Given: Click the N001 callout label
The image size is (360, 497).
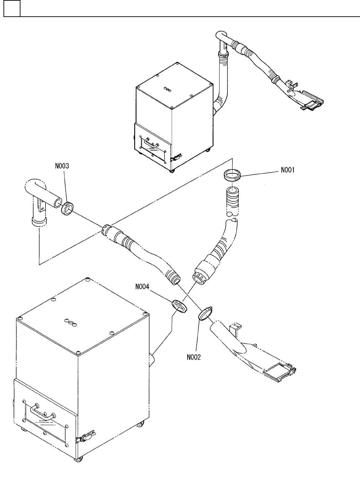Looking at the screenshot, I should click(288, 170).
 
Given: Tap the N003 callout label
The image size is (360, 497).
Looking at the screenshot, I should click(62, 166).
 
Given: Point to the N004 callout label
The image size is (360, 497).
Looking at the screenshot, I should click(143, 287).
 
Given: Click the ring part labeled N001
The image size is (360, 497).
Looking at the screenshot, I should click(232, 176).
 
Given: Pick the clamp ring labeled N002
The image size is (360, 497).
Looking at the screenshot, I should click(205, 313).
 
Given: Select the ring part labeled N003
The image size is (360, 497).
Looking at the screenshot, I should click(67, 209).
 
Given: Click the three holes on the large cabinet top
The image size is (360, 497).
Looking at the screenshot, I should click(71, 322).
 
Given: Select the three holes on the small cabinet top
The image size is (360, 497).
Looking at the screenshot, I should click(168, 89).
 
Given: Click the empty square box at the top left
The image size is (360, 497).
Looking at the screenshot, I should click(11, 8).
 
